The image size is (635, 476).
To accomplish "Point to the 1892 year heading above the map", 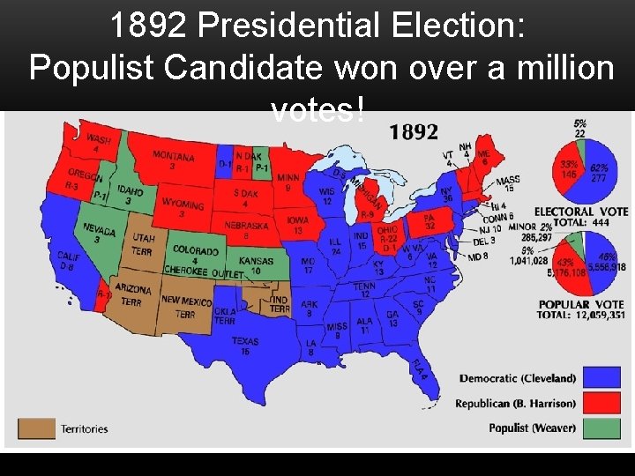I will coord(414,132).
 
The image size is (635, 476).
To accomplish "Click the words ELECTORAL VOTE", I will coord(580,212).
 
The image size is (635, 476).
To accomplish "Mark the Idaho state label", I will coord(130,195).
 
